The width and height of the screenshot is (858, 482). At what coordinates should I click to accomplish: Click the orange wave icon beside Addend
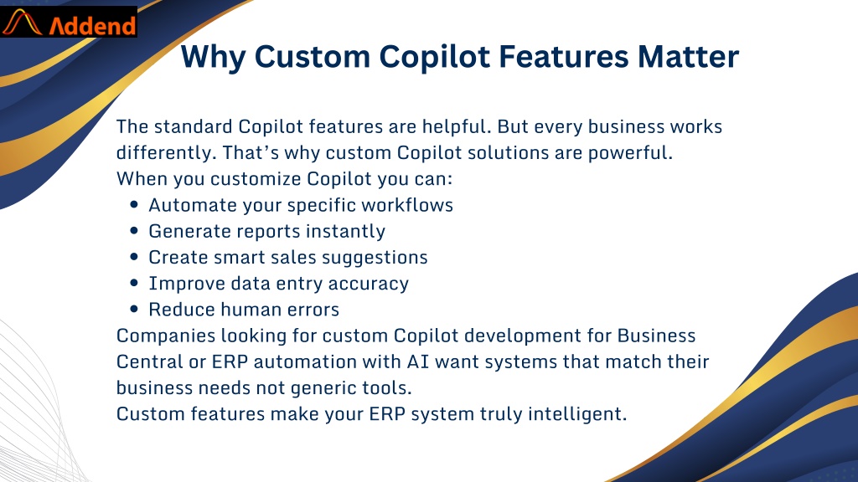tap(23, 23)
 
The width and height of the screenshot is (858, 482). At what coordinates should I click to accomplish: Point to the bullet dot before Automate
tap(134, 204)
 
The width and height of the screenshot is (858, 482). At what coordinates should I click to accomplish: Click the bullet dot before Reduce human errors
tap(134, 309)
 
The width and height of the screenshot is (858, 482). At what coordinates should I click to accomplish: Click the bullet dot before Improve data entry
tap(134, 283)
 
